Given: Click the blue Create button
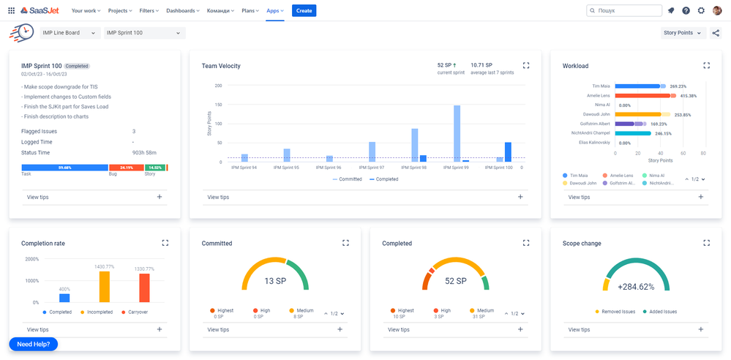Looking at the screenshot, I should coord(304,10).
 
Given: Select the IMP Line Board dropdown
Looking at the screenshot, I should coord(70,33).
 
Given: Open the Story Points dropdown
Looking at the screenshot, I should coord(683,33).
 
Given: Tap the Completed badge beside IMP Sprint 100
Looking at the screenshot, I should coord(77,66).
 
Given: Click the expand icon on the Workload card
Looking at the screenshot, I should coord(706,65).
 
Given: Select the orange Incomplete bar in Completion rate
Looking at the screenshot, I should coord(105,287).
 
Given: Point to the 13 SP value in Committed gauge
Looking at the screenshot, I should coord(274,281).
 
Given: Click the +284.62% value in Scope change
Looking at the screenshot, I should coord(635,287).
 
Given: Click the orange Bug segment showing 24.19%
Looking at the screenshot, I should coord(126,168).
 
